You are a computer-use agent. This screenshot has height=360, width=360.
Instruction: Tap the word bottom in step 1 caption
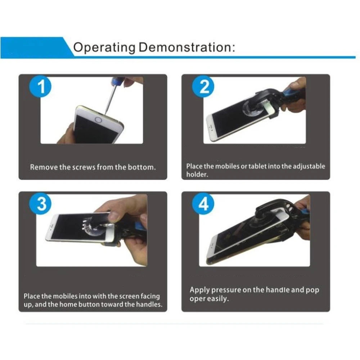144,167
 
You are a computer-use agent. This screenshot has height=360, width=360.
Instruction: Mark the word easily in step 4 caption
218,299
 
